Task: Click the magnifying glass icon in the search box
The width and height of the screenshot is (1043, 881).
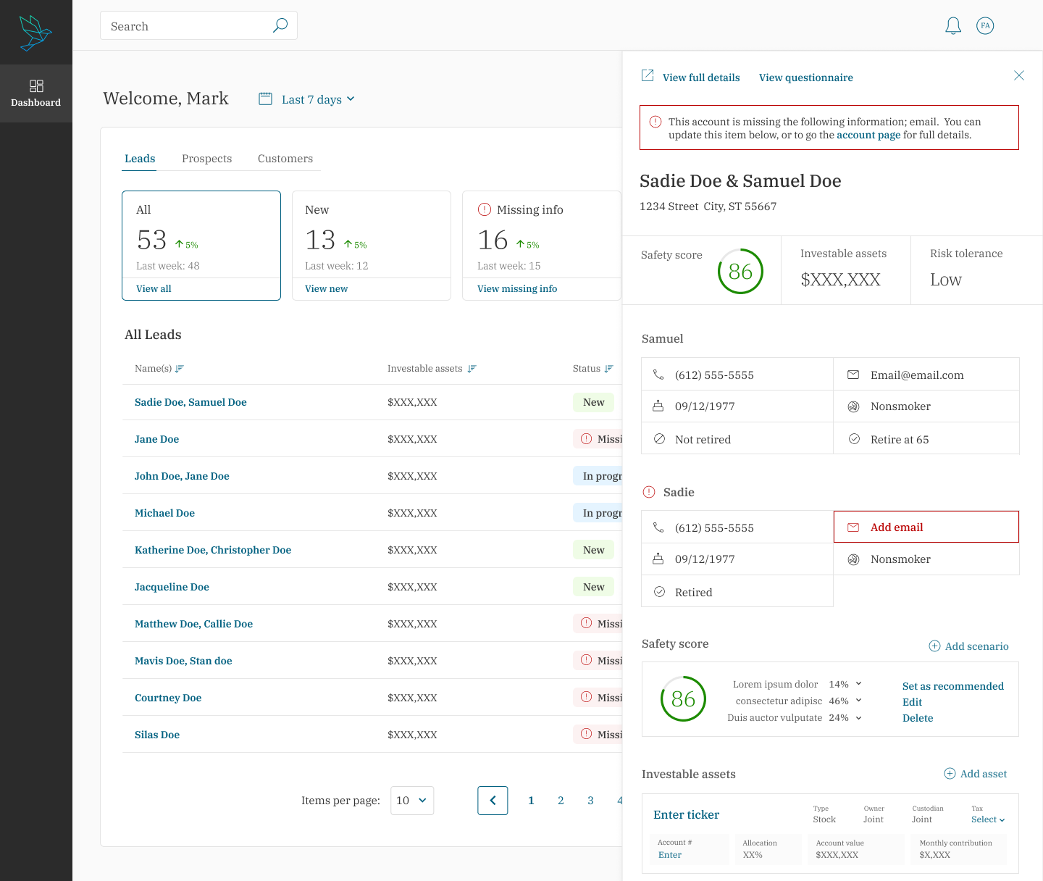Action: tap(280, 25)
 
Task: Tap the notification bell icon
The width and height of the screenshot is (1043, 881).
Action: tap(952, 25)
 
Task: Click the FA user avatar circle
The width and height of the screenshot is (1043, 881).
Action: tap(984, 25)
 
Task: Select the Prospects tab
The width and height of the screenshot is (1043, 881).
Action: tap(207, 159)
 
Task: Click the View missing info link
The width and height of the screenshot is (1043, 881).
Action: tap(517, 288)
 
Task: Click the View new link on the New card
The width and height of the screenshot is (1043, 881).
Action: tap(326, 288)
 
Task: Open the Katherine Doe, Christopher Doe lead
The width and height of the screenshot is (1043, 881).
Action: tap(213, 550)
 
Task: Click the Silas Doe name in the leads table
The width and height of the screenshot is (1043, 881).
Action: tap(157, 735)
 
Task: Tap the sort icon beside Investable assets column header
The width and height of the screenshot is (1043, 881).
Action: tap(472, 369)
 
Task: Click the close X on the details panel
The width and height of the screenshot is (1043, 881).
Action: tap(1018, 75)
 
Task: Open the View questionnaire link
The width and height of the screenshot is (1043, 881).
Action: tap(805, 78)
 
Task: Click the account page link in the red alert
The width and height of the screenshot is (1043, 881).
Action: tap(868, 135)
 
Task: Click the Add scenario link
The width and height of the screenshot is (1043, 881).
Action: tap(968, 646)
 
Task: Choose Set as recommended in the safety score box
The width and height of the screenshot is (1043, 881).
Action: tap(952, 686)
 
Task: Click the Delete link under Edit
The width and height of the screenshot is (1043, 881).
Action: tap(917, 718)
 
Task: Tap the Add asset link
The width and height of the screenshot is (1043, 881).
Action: tap(975, 774)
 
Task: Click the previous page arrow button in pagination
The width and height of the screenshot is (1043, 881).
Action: tap(493, 800)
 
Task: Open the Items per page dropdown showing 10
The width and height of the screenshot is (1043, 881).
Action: tap(411, 800)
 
